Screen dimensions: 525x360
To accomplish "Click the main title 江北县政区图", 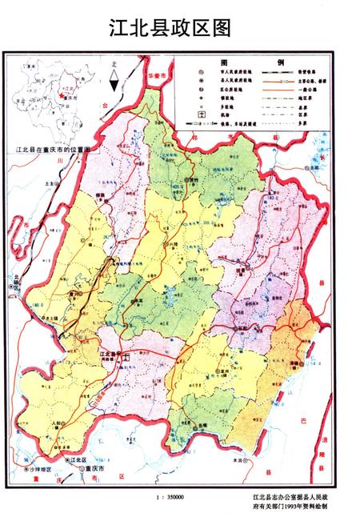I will (170, 29).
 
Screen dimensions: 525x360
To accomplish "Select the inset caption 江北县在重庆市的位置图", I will (56, 150).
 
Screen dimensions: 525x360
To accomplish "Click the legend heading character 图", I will (225, 62).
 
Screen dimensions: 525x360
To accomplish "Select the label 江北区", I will (77, 459).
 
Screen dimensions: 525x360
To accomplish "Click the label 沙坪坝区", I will (40, 468).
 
